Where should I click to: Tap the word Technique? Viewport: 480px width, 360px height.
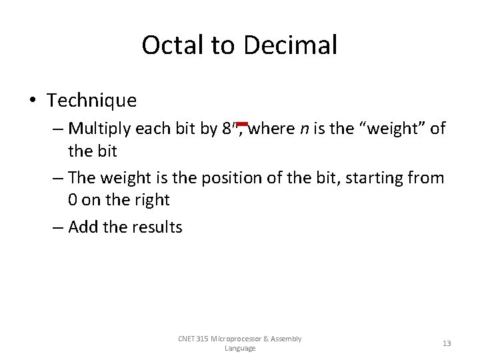coord(91,101)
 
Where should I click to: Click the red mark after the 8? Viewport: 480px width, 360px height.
coord(242,124)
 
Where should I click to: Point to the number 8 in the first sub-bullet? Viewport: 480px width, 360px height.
coord(227,128)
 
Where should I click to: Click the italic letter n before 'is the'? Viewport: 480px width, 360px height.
coord(303,128)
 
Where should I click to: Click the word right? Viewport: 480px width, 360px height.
coord(152,200)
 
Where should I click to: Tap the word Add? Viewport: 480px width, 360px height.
coord(83,227)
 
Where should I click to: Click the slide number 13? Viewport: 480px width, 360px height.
coord(447,343)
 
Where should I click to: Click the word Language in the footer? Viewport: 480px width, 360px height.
coord(240,348)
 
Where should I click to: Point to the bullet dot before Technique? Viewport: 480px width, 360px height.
coord(33,101)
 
